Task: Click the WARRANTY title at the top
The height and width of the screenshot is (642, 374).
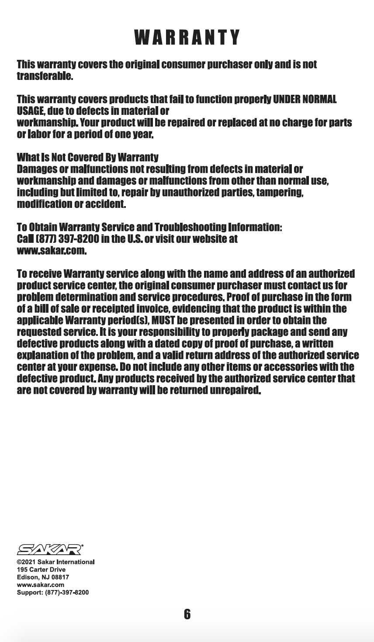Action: pyautogui.click(x=187, y=38)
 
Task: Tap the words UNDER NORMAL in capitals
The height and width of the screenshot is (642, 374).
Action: pyautogui.click(x=305, y=100)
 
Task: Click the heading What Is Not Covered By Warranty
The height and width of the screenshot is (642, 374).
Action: pyautogui.click(x=87, y=157)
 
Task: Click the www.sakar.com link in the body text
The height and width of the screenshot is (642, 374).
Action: pyautogui.click(x=51, y=251)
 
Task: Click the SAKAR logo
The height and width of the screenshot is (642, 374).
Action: pyautogui.click(x=50, y=549)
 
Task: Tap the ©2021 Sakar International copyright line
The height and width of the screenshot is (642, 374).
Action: pyautogui.click(x=55, y=562)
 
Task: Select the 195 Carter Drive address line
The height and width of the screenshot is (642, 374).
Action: pyautogui.click(x=41, y=570)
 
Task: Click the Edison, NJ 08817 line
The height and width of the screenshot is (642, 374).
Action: pyautogui.click(x=43, y=577)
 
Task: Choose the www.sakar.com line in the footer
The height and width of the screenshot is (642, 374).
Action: pyautogui.click(x=40, y=585)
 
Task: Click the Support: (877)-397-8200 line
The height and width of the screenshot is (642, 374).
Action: pyautogui.click(x=52, y=593)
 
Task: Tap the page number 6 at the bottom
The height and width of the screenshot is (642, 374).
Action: pyautogui.click(x=187, y=614)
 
